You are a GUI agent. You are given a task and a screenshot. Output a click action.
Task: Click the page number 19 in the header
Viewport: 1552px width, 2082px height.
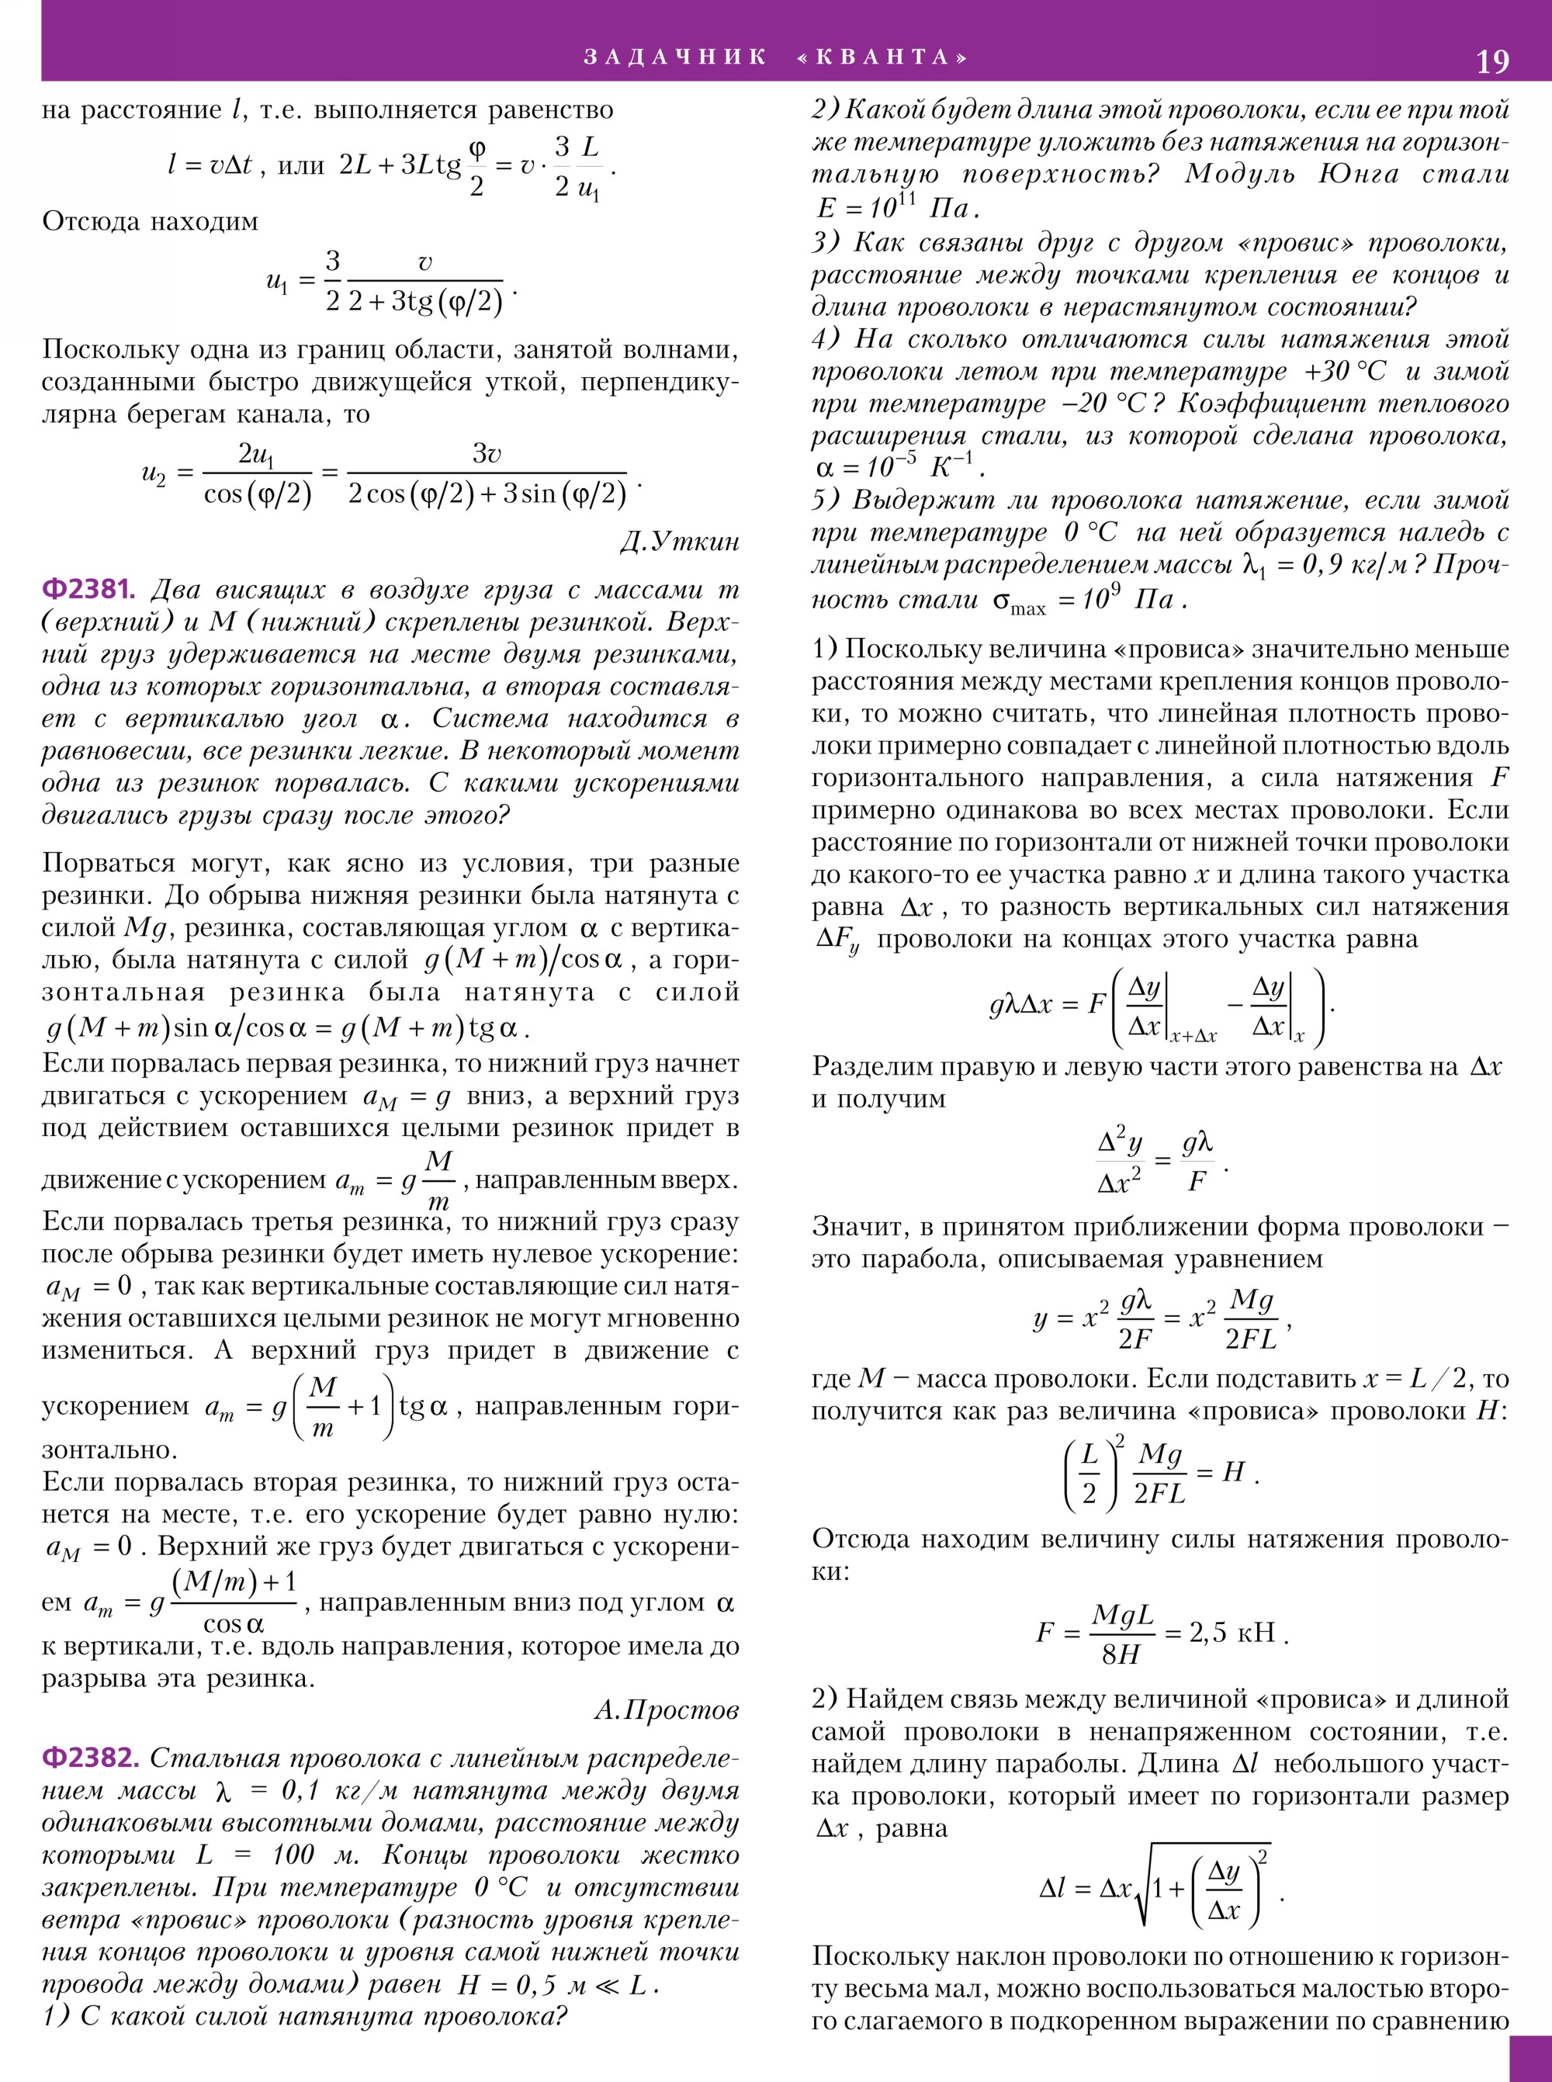1492,61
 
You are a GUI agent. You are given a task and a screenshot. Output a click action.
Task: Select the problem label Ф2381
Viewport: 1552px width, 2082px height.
88,589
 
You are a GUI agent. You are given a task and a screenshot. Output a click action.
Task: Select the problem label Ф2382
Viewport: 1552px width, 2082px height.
90,1758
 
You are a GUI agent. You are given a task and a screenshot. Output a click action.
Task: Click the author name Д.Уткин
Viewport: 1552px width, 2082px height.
679,542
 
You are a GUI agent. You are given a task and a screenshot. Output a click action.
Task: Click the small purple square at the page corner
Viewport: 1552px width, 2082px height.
1530,2059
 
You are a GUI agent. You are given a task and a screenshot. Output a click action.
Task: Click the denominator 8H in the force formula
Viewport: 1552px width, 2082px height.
1121,1654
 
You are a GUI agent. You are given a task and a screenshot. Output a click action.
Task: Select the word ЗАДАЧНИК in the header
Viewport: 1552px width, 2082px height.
674,57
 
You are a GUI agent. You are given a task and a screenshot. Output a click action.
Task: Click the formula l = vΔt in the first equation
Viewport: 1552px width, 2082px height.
210,166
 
